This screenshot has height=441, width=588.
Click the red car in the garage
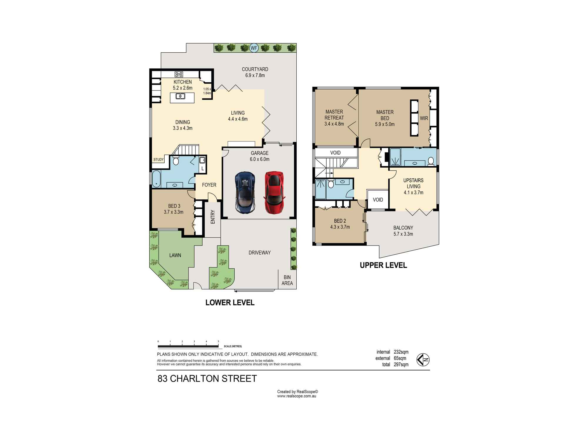click(275, 193)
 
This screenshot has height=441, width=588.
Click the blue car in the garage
click(245, 193)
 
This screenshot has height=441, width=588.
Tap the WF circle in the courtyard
click(254, 48)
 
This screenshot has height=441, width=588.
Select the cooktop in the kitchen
click(179, 74)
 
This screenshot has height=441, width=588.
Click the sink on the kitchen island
click(180, 96)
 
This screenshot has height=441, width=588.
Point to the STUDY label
click(158, 160)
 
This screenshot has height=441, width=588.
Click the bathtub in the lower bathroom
click(156, 179)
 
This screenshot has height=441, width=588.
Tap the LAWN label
click(175, 255)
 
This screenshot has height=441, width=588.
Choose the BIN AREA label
click(287, 280)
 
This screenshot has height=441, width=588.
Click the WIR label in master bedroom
click(424, 118)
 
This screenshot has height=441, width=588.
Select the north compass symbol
click(423, 360)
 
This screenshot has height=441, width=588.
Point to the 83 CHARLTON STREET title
click(207, 379)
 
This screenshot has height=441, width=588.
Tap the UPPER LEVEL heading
click(383, 265)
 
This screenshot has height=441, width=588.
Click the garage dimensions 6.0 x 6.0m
click(260, 159)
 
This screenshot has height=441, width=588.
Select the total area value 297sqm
click(401, 365)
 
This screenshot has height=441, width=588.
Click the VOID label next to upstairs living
click(378, 200)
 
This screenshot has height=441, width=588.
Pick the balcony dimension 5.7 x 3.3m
click(403, 234)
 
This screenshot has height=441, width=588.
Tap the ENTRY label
click(213, 217)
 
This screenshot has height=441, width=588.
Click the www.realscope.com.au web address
click(296, 396)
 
